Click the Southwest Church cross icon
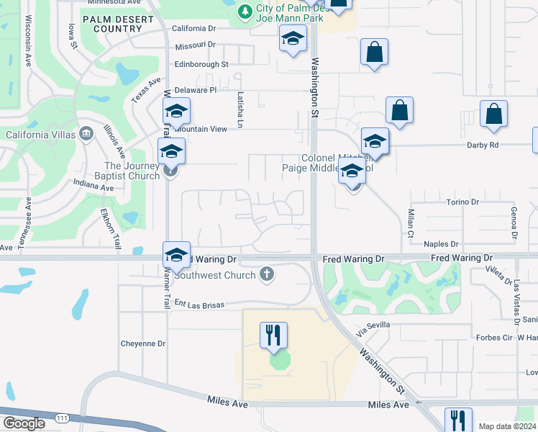click(x=266, y=274)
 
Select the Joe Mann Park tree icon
click(x=245, y=11)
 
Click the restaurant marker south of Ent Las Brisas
click(x=273, y=336)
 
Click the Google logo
click(x=24, y=423)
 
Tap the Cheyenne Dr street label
click(x=143, y=343)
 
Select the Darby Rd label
click(x=503, y=145)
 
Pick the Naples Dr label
click(x=461, y=245)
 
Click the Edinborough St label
click(x=201, y=64)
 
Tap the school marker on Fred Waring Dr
click(x=176, y=255)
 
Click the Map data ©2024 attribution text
click(x=507, y=426)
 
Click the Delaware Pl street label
click(x=195, y=90)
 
